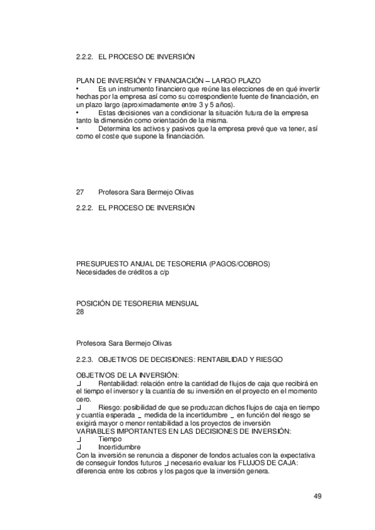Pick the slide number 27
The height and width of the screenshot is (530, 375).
[x=80, y=191]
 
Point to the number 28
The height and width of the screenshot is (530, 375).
[x=80, y=311]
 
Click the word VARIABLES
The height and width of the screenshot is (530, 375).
[x=94, y=431]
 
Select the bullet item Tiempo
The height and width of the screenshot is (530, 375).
[x=110, y=439]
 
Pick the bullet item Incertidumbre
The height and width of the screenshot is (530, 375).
[x=119, y=447]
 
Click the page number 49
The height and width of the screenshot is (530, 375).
[x=317, y=496]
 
